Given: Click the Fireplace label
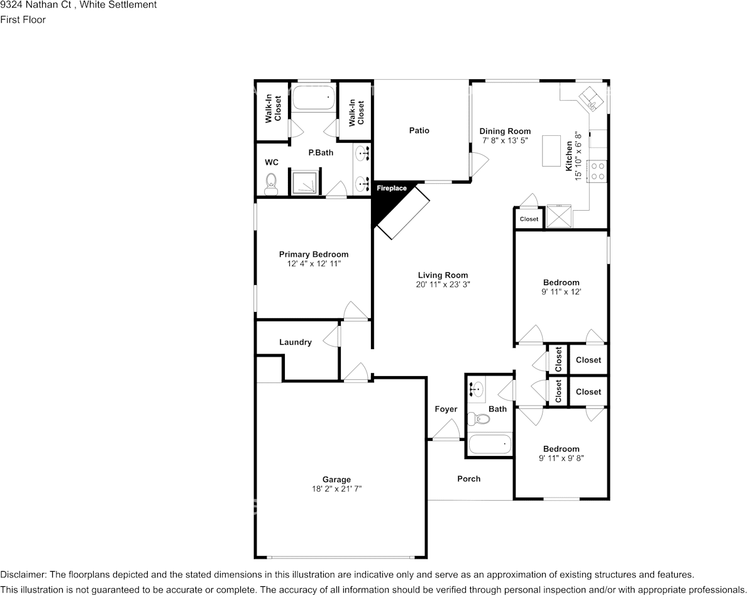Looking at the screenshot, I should [x=391, y=188].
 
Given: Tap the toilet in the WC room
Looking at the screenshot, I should [x=272, y=183].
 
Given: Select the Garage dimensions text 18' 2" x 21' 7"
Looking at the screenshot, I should [x=337, y=488].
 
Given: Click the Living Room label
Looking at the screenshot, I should [x=443, y=275].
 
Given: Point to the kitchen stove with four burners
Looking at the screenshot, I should [x=597, y=171].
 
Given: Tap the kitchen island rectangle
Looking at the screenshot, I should [x=551, y=150].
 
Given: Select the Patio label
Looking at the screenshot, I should [x=419, y=130].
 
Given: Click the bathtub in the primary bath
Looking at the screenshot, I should [x=313, y=98].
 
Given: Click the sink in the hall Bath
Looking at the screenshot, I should [x=476, y=389].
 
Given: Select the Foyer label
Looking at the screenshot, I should [x=446, y=409].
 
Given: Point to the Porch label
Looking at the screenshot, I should [x=468, y=479].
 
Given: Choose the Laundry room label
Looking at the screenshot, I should [x=295, y=342].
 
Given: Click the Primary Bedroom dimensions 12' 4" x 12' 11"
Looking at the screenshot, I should [x=313, y=264].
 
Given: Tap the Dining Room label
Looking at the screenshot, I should [x=505, y=131].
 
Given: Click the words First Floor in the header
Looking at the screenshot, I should [x=23, y=19].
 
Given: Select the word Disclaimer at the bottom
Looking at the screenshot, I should [x=23, y=575].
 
